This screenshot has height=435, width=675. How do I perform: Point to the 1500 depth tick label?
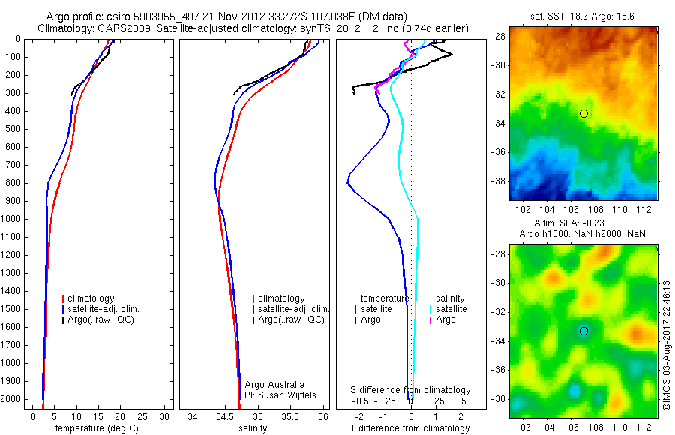click(x=10, y=309)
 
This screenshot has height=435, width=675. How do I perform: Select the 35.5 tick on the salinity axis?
click(x=291, y=415)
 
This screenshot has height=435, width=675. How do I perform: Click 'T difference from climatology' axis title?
click(x=411, y=428)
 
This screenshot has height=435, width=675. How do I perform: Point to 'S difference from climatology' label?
click(x=411, y=390)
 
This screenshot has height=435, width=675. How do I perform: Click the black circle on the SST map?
click(x=583, y=113)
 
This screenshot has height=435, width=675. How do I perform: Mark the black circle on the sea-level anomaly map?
click(x=583, y=331)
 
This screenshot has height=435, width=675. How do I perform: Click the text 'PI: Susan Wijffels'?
click(x=279, y=394)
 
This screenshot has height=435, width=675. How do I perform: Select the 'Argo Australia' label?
click(x=275, y=384)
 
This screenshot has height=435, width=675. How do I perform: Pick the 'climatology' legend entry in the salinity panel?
click(x=280, y=298)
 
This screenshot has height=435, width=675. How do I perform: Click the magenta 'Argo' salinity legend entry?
click(x=445, y=319)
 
